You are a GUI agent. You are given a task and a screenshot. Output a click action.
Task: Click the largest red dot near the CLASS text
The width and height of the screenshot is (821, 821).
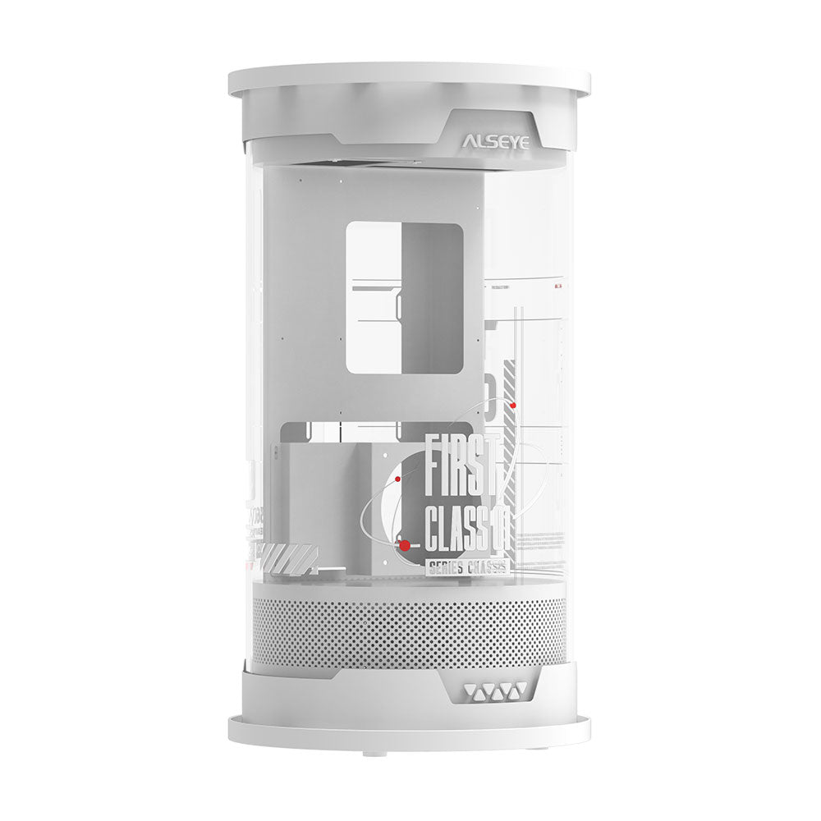tap(404, 544)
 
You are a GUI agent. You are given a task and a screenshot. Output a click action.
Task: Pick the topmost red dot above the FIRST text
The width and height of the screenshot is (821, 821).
tap(513, 405)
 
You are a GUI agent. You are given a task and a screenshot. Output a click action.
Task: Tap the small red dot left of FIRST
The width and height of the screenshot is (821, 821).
tap(397, 478)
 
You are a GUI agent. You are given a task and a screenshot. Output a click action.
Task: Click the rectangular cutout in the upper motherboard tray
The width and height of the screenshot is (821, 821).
tap(404, 297)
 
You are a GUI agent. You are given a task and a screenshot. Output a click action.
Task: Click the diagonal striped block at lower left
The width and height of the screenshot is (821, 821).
tap(287, 557)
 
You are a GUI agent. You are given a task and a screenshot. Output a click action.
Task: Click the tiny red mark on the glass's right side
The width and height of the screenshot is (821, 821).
tap(559, 287)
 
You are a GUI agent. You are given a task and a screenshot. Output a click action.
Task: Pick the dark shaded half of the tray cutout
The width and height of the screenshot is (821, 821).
tap(432, 297)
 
